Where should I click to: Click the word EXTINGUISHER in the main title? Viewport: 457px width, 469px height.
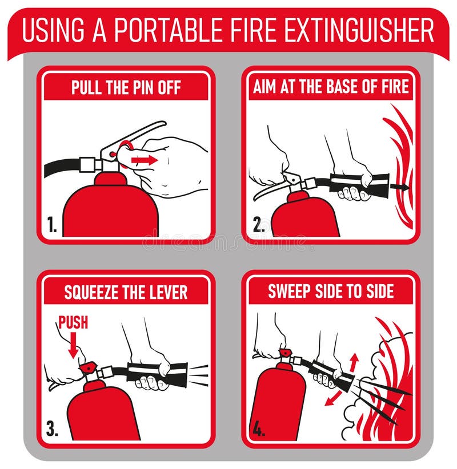359,30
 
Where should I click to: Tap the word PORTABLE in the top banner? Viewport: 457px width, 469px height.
169,30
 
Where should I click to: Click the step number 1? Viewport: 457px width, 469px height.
52,224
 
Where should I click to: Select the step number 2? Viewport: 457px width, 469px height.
258,224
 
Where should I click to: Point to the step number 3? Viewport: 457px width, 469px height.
52,428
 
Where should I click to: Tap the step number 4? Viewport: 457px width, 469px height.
259,428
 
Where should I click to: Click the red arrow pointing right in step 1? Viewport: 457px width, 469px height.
145,160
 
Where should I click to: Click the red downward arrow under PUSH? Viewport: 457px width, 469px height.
73,345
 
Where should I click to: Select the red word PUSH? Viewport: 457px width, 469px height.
73,322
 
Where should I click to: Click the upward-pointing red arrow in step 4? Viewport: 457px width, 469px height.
354,362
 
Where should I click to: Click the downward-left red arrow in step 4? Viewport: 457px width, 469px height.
333,398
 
